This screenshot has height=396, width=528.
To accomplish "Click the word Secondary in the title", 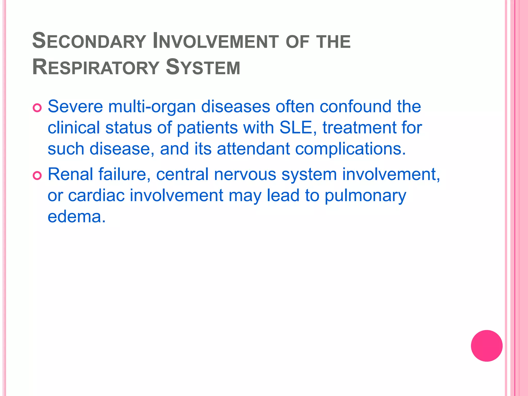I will pos(89,41).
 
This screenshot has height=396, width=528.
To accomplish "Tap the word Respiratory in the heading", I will pos(96,67).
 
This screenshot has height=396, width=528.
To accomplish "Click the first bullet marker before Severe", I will pos(37,108).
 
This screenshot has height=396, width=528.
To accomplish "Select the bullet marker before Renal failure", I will pos(37,176).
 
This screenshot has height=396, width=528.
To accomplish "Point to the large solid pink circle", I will pos(486,346).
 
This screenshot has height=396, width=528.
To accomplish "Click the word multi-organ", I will pos(152,107).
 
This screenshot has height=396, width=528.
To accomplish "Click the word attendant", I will pos(253,149).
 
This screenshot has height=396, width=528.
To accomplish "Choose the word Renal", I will pos(70,174).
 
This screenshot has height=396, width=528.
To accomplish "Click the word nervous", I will pos(245,175).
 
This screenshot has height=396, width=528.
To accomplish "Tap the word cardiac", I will pos(96,195).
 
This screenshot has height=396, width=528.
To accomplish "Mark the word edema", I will pos(77,217).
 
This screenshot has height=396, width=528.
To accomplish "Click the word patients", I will pos(207,128).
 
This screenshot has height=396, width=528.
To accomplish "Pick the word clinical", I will pos(74,128).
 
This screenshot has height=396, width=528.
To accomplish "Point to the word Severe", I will pos(75,106).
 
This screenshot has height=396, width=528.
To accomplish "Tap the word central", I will pos(182,175).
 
